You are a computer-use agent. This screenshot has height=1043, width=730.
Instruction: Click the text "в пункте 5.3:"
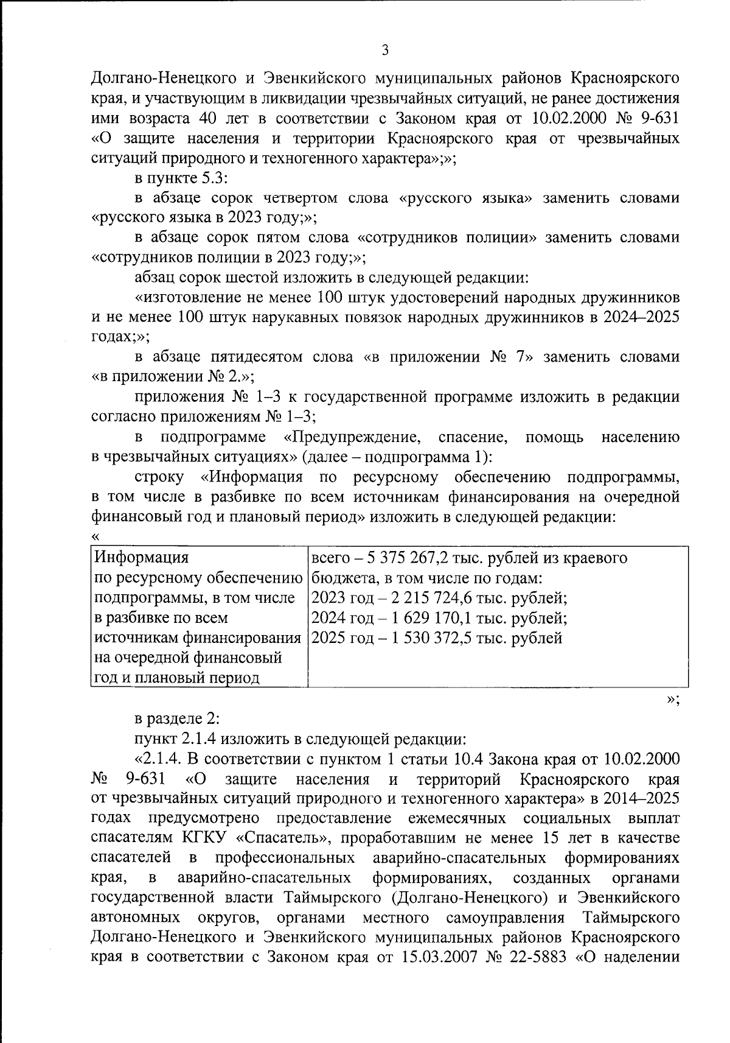point(181,178)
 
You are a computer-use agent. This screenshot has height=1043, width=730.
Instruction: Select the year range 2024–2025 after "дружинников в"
point(644,317)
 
